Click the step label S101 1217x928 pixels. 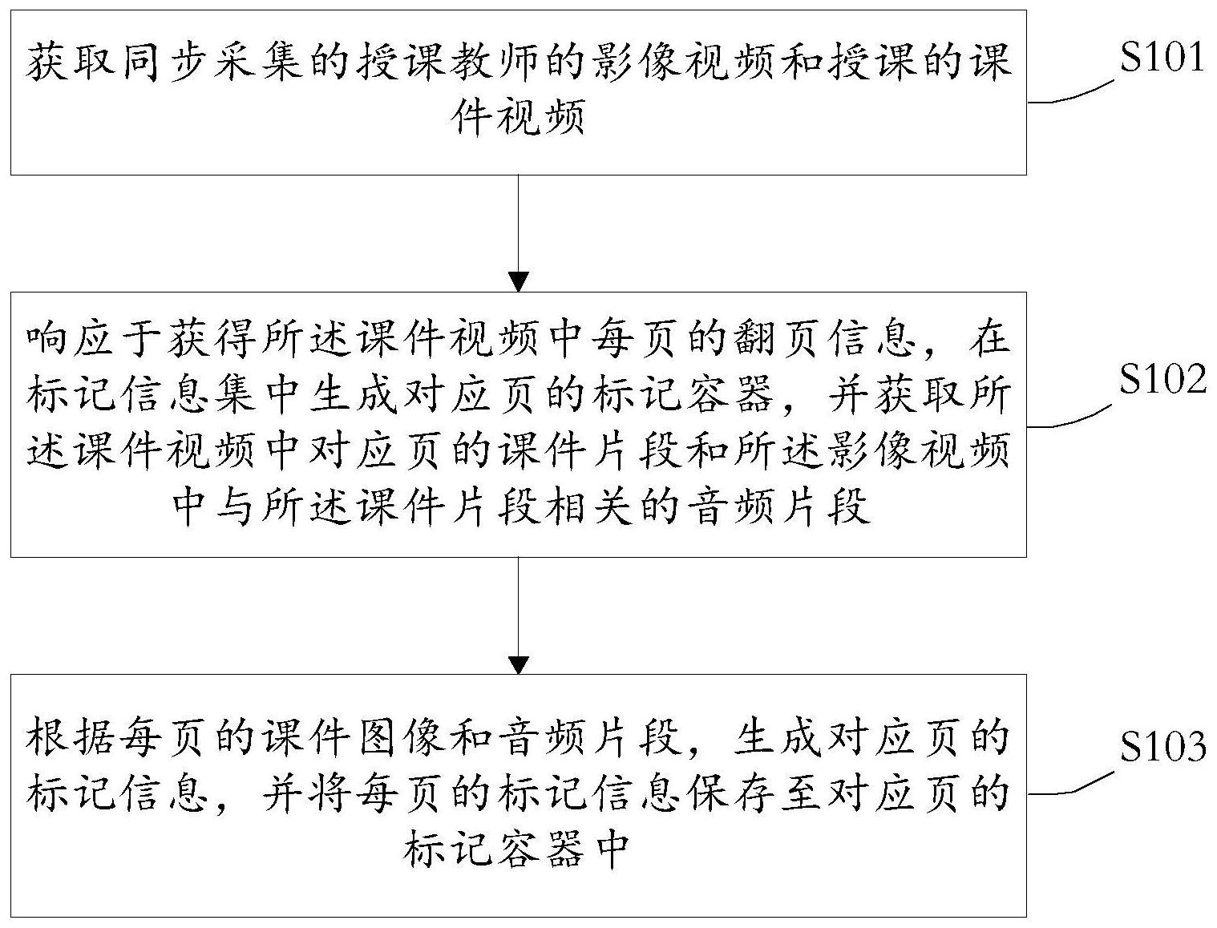pos(1161,58)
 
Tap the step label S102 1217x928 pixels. pos(1161,379)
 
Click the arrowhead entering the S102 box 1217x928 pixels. pos(519,282)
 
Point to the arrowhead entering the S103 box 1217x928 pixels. pos(519,664)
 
